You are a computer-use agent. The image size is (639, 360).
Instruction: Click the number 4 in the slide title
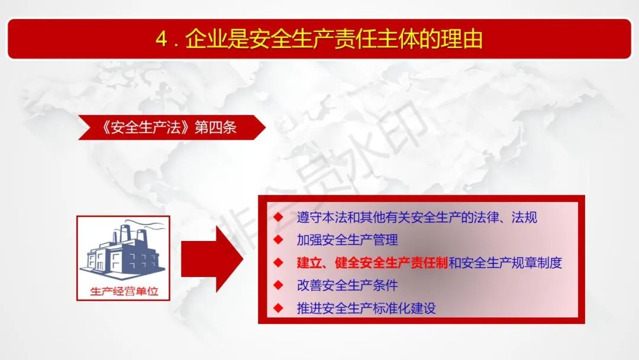162,40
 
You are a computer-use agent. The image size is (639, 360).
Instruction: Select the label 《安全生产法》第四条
169,127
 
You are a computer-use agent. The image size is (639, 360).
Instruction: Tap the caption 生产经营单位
124,291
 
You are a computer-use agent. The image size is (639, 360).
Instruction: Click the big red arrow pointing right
212,259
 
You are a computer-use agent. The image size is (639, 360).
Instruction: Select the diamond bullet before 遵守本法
278,217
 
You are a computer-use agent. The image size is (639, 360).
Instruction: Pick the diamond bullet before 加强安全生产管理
278,240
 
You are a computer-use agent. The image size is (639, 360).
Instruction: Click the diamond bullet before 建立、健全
278,262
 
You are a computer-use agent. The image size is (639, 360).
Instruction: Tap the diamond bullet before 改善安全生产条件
278,285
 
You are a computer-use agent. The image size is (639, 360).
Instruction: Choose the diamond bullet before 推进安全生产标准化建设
278,308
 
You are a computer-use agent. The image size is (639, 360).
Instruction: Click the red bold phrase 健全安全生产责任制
391,262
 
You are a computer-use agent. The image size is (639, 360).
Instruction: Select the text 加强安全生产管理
347,240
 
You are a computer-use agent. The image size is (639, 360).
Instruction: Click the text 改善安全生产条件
347,285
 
